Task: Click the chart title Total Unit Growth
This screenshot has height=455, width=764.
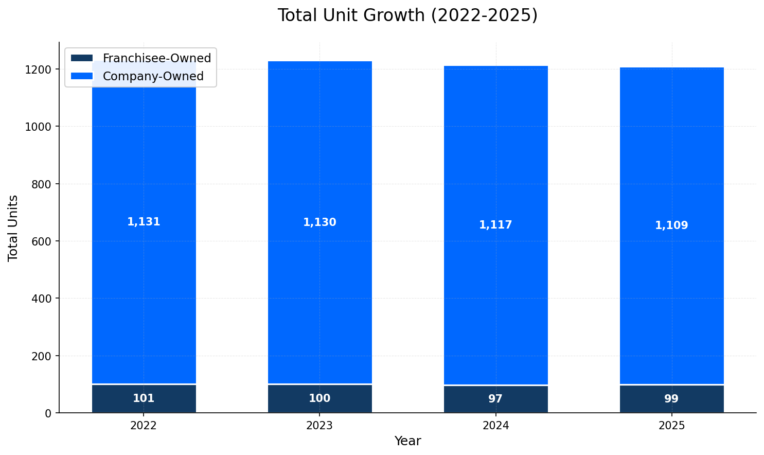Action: pos(407,15)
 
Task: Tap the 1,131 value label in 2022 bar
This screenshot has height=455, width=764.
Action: pos(144,222)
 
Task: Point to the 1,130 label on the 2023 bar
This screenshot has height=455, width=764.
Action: pos(319,222)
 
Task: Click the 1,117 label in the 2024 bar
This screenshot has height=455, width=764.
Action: pos(495,225)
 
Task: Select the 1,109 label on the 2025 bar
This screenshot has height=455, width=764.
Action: pos(671,225)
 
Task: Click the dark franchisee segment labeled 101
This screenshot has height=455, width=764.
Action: pos(144,398)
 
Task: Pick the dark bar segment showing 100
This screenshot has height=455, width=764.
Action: pos(319,398)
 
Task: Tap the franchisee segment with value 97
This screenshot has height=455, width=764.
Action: pos(495,399)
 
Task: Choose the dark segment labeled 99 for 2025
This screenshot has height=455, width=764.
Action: pos(671,399)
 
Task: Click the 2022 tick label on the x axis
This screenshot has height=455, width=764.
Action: pos(144,426)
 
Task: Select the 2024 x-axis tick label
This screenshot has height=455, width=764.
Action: pos(495,426)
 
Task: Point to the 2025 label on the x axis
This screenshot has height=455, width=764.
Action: pos(671,426)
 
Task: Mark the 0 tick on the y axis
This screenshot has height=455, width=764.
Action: pos(48,413)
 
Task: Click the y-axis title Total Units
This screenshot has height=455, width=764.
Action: pos(13,228)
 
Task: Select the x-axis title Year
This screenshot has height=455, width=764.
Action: pos(407,441)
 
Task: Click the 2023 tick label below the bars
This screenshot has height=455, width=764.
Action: pos(319,426)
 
